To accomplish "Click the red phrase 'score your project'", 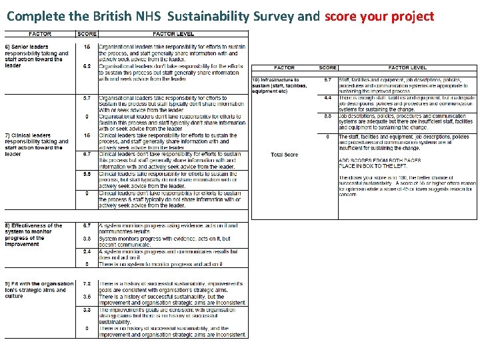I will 379,16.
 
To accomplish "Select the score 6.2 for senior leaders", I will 87,67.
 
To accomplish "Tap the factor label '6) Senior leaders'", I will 26,47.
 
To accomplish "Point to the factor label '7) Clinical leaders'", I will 27,135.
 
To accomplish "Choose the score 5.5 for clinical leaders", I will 87,173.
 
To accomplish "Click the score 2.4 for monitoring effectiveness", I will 87,252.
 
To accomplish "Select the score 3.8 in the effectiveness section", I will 87,239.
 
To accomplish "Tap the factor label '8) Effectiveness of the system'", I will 33,225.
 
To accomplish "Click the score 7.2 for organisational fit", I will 87,283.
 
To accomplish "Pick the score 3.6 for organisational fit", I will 87,297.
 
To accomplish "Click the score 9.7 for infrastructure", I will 328,80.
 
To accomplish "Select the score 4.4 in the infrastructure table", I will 328,98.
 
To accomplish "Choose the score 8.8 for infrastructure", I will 328,116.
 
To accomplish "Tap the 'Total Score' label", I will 285,155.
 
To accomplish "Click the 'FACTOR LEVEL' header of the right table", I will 408,68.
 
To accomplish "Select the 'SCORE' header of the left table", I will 87,34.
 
